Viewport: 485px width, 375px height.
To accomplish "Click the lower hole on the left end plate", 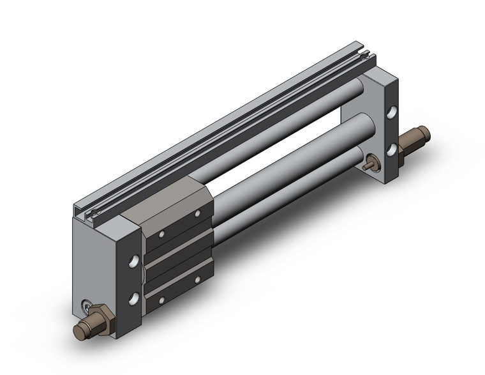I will pos(134,298).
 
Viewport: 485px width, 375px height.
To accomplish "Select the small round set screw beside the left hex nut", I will pos(87,307).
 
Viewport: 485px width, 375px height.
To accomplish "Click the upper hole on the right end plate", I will pos(391,116).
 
